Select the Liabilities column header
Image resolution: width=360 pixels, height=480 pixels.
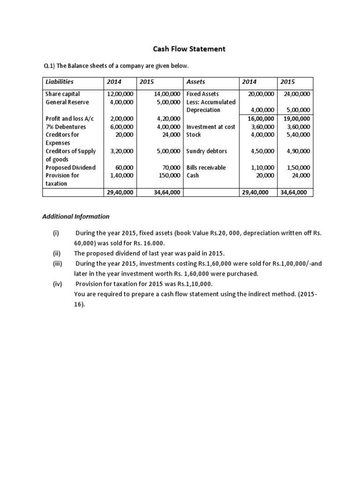coord(60,82)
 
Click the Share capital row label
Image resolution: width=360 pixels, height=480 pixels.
coord(62,94)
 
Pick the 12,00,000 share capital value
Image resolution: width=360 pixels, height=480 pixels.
coord(120,94)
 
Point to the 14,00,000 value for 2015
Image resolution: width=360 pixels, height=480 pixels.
coord(167,94)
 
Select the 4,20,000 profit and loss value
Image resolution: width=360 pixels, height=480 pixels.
coord(169,119)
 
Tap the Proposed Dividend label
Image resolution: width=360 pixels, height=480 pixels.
coord(70,167)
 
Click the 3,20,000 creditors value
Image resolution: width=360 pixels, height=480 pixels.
coord(122,151)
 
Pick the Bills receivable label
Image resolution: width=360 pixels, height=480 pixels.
coord(206,167)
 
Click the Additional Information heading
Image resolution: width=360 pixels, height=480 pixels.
coord(76,217)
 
